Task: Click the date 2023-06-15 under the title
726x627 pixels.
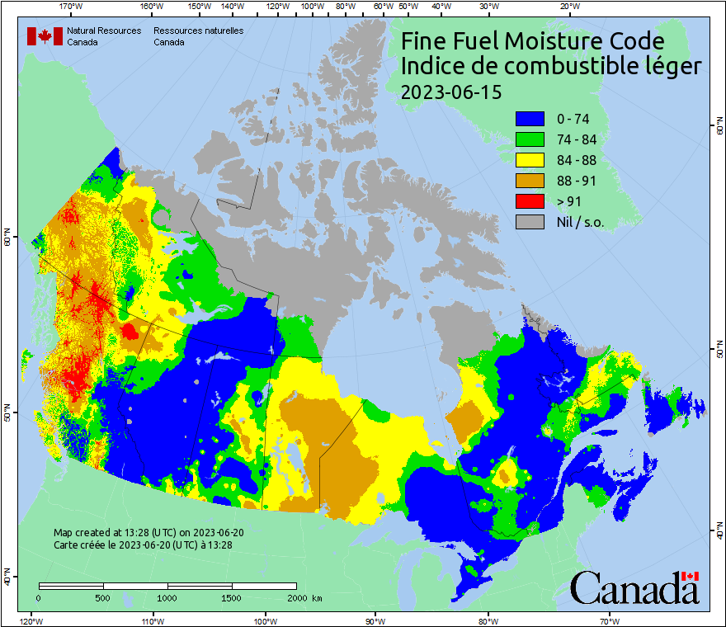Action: (450, 92)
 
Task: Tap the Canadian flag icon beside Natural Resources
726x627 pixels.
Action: (45, 36)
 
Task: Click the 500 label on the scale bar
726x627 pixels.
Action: (103, 597)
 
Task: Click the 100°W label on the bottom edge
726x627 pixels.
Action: (265, 620)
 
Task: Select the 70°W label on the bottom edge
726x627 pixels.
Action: (610, 620)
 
